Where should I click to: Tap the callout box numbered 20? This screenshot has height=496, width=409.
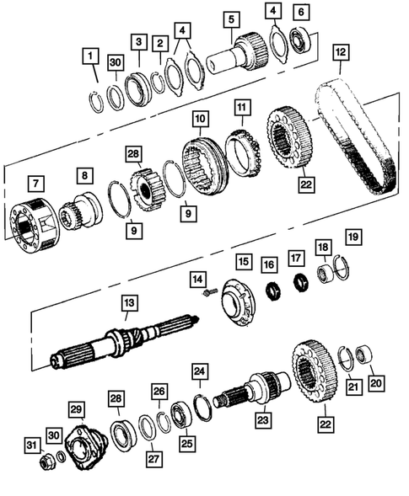click(376, 381)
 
